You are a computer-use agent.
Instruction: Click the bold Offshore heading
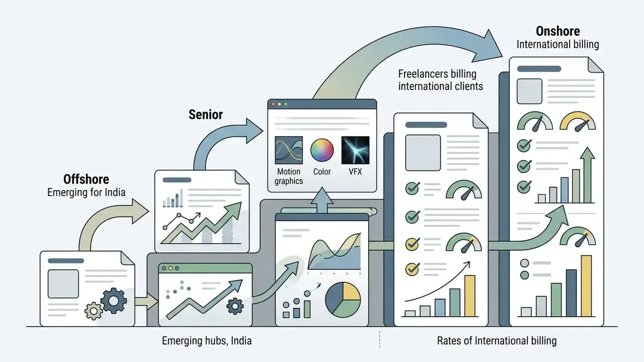click(x=86, y=179)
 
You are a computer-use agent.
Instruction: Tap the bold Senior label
click(x=206, y=115)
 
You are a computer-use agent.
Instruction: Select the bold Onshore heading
click(x=558, y=31)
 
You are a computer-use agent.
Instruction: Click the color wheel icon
click(x=322, y=150)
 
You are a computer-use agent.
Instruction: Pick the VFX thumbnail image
click(x=355, y=150)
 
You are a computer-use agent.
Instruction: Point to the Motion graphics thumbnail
click(x=289, y=150)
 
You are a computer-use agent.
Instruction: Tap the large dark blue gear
click(x=114, y=301)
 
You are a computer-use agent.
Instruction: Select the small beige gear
click(x=94, y=311)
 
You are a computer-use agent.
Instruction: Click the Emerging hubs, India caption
click(x=207, y=341)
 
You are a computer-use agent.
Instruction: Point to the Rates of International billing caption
click(x=497, y=341)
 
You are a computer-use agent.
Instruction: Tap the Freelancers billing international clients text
click(x=440, y=80)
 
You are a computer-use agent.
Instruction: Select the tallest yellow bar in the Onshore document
click(x=587, y=286)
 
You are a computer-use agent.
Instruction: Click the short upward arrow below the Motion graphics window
click(x=322, y=200)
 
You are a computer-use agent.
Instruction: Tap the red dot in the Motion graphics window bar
click(x=273, y=104)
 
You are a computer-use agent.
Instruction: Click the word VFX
click(x=355, y=172)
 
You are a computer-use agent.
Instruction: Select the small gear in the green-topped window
click(x=235, y=306)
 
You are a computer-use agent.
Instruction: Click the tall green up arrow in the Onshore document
click(x=587, y=175)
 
